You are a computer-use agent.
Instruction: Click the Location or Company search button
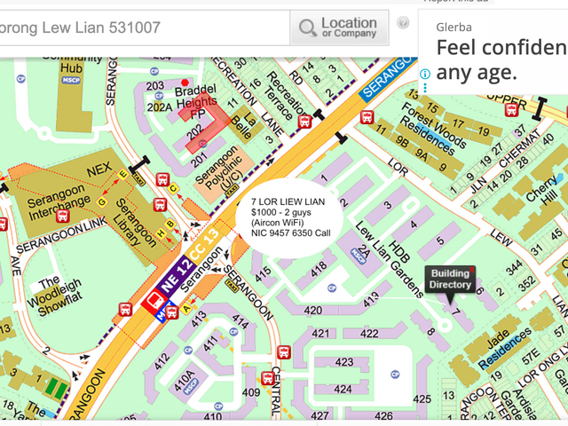(339, 28)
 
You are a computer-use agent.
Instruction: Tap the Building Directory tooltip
(450, 280)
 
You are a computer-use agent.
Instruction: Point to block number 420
(312, 311)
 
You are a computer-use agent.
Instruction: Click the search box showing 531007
(142, 28)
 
